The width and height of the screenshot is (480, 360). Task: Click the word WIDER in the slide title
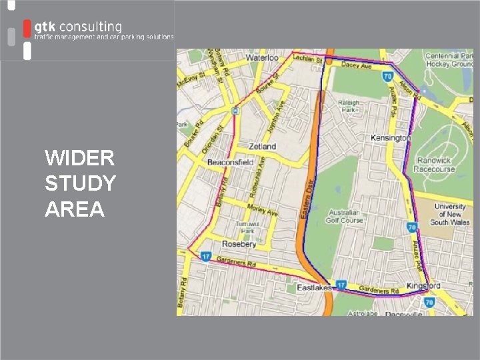tap(79, 158)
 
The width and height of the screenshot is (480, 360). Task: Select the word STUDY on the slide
tap(80, 183)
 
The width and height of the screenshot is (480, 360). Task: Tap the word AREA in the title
tap(75, 209)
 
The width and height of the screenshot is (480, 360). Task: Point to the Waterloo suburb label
tap(262, 58)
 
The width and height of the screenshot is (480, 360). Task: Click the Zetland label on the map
tap(262, 146)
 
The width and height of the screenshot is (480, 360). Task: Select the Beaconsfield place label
tap(230, 162)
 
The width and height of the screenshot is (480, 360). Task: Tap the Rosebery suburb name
tap(239, 244)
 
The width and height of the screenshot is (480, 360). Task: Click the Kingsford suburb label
tap(423, 286)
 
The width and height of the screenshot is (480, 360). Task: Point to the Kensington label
tap(391, 138)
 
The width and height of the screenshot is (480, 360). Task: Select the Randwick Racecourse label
tap(433, 165)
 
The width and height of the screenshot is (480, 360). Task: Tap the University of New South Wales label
tap(449, 215)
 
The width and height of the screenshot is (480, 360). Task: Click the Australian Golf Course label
tap(345, 217)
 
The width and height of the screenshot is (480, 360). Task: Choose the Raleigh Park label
tap(349, 107)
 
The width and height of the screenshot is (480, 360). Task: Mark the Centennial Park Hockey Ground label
tap(449, 60)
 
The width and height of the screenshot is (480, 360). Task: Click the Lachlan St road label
tap(309, 59)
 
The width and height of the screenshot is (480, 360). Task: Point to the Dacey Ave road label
tap(357, 65)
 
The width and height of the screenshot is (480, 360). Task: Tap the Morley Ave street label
tap(263, 210)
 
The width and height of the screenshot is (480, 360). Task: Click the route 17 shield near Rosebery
tap(206, 256)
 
